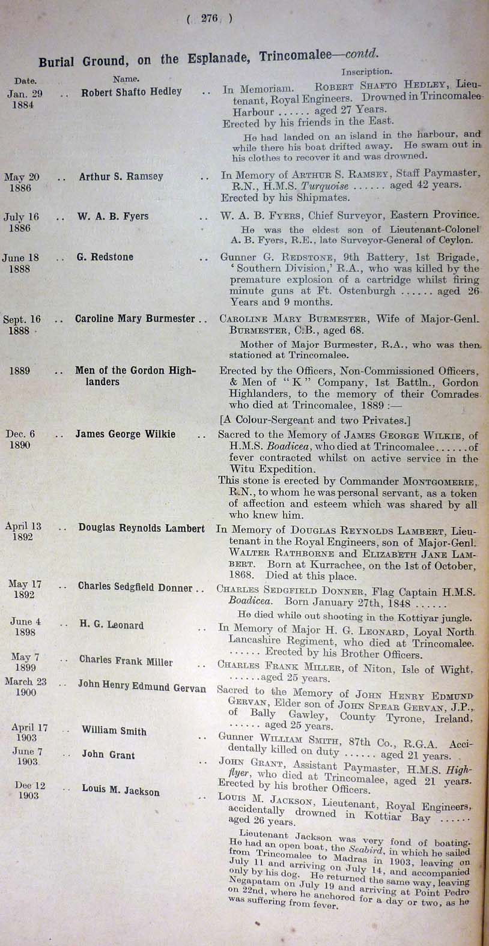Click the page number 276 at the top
[209, 19]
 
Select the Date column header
[25, 80]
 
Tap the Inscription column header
[366, 71]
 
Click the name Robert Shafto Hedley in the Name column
[131, 92]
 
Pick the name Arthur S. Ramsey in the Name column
[121, 177]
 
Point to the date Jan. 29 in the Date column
[25, 94]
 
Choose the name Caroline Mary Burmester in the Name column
[135, 319]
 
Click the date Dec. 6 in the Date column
[20, 434]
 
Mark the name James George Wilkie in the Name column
[125, 434]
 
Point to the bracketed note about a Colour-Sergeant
[306, 420]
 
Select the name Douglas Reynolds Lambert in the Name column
[141, 528]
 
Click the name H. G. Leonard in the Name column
[111, 625]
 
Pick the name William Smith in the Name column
[114, 730]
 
